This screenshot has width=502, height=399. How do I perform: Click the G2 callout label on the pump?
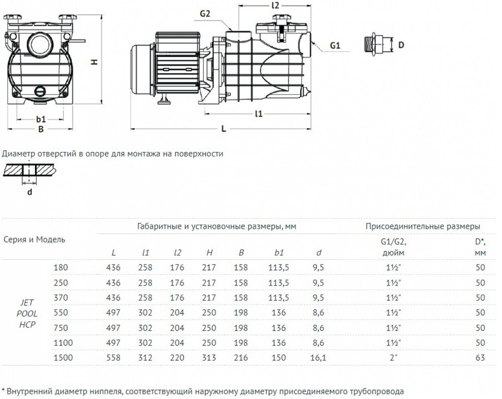coord(204,14)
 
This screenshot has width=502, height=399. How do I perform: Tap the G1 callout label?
coord(335,46)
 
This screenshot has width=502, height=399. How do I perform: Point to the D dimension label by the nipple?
coord(401,45)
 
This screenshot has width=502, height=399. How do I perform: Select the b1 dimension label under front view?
coord(41,119)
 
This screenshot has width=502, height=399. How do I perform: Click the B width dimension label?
coord(42,129)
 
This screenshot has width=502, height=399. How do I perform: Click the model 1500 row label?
coord(61,358)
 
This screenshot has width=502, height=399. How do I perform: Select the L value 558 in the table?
coord(114,358)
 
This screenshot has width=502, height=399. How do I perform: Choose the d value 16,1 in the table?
coord(319,358)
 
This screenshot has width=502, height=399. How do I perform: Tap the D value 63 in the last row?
coord(480,358)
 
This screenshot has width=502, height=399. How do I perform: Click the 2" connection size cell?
coord(397,358)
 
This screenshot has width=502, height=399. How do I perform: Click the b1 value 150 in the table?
coord(280,358)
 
